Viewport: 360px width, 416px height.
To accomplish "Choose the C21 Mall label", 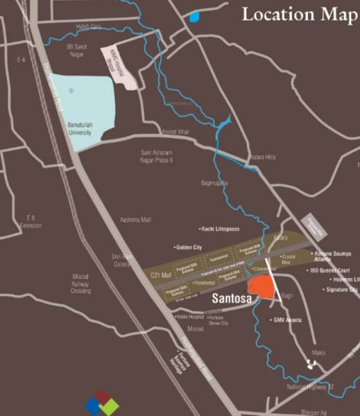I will click(161, 277).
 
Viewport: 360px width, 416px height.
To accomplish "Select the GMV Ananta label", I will click(288, 320).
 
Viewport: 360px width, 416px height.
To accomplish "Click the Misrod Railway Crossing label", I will click(80, 284).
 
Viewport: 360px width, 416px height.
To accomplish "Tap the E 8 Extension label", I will click(31, 221).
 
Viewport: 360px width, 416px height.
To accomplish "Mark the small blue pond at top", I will click(194, 17).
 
